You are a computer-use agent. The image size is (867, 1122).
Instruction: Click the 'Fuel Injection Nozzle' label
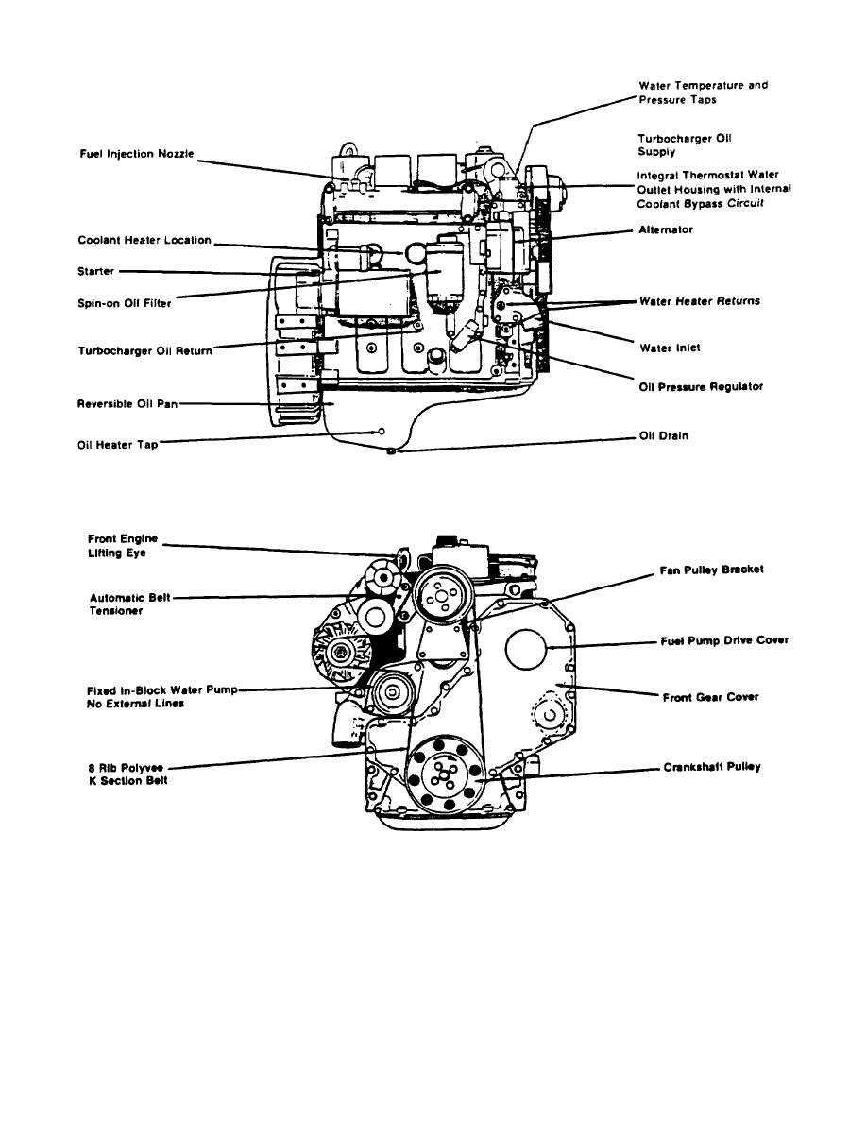136,153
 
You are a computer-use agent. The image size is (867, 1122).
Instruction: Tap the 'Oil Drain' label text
664,437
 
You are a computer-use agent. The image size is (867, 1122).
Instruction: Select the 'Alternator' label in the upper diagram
667,229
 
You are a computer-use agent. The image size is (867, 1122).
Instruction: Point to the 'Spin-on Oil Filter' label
126,303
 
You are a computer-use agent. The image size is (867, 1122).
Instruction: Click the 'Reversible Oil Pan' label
127,404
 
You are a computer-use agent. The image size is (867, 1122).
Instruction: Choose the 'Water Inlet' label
670,348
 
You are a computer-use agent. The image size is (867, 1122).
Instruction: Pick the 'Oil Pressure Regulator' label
700,386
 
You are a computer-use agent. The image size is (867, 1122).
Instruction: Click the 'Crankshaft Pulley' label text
711,767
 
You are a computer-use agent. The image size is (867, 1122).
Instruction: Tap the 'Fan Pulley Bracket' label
711,570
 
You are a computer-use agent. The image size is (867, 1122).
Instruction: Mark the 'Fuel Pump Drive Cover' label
723,640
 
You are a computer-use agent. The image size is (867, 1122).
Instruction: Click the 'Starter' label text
95,272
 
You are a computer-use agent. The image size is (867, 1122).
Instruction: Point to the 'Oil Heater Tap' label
117,445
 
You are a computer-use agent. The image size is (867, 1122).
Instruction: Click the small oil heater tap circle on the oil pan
382,431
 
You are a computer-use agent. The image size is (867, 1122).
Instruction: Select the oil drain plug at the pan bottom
390,452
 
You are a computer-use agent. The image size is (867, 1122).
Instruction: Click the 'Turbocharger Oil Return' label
144,350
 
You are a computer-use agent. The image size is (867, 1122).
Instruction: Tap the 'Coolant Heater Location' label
144,240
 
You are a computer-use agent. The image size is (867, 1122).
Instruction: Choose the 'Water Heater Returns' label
700,302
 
